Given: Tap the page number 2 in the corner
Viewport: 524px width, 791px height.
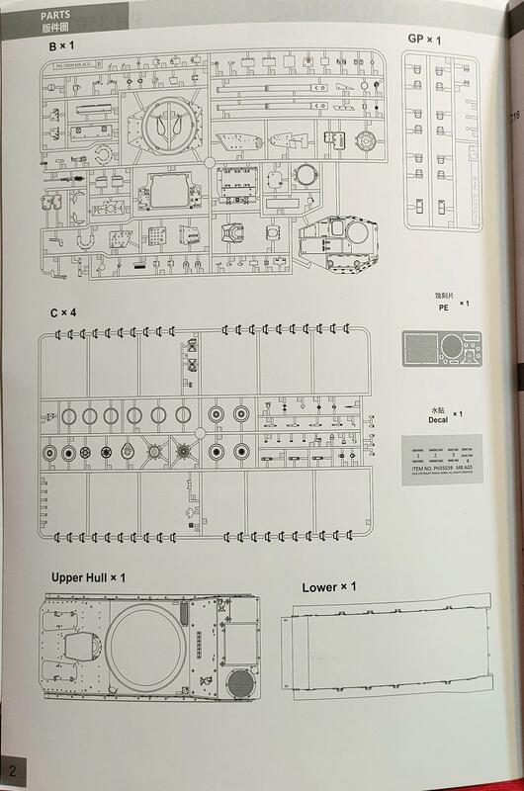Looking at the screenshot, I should point(12,770).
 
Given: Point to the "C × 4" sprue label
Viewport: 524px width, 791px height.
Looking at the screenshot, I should point(63,312).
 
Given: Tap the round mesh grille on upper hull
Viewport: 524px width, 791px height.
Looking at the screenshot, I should point(240,683).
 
